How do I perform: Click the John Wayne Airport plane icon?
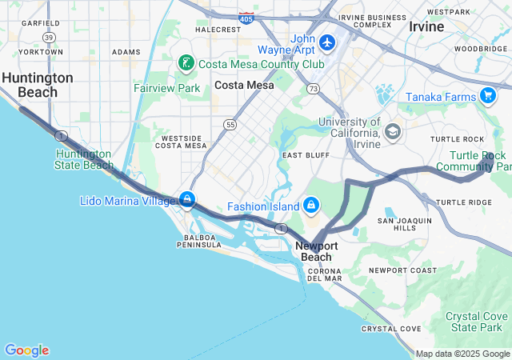pos(326,41)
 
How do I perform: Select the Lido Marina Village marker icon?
pos(186,199)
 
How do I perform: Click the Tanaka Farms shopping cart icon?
pos(488,97)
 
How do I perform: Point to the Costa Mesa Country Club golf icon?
pos(186,63)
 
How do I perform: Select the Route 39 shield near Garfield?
pos(50,37)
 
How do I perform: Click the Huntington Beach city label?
pos(38,85)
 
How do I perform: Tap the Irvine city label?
pos(426,26)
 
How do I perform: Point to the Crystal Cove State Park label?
pos(477,322)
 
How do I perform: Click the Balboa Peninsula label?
pos(199,241)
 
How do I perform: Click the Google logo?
pos(26,350)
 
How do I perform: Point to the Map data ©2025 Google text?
pos(462,354)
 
